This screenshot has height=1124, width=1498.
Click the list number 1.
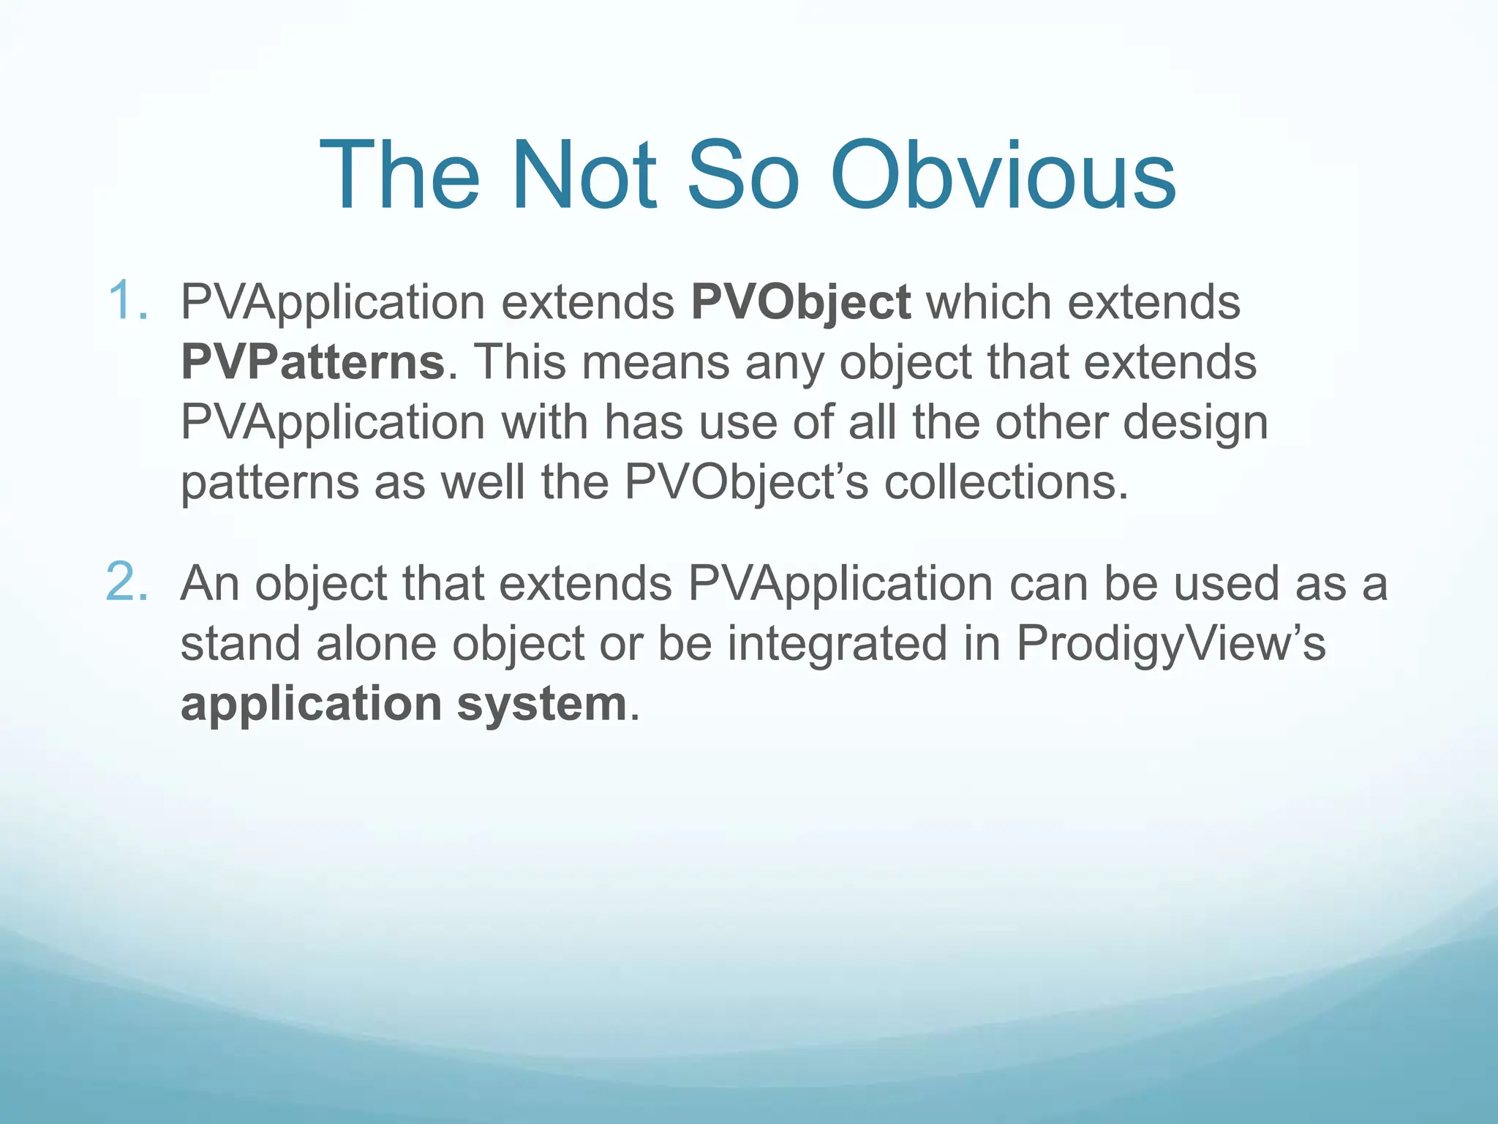pos(127,301)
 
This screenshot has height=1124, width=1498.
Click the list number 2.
pos(127,582)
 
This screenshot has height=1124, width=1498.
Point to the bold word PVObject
pos(801,302)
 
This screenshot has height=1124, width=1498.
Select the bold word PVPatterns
pos(313,361)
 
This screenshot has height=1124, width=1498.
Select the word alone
pos(376,643)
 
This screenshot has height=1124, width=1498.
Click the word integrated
pos(837,645)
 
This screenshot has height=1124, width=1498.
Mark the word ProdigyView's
pos(1170,645)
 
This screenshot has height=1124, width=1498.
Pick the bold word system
pos(542,705)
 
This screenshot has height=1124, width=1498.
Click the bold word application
pos(311,705)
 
